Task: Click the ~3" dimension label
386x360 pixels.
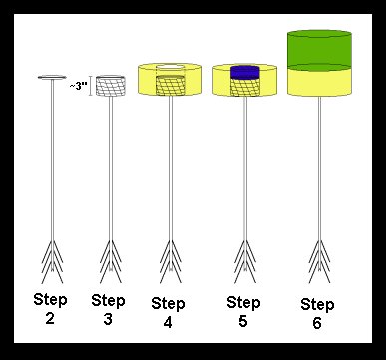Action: pos(78,86)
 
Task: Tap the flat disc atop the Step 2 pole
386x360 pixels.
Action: pos(52,77)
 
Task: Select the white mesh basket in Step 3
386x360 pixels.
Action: pos(111,86)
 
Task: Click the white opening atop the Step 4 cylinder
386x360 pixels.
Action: pos(170,67)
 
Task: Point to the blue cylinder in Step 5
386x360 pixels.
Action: pos(245,73)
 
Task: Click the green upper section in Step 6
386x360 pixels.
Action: pos(319,49)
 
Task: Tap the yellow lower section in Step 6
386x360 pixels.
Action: pos(319,82)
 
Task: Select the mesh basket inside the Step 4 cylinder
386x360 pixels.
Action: pos(171,86)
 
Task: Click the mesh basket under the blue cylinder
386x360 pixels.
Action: pos(245,88)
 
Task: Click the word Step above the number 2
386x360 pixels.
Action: pos(50,300)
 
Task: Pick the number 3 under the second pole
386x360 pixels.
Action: pos(108,319)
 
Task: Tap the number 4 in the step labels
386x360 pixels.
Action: pos(168,322)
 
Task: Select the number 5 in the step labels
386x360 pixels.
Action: pos(243,321)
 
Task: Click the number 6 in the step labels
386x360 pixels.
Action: pos(317,323)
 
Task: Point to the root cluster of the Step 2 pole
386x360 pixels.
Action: pos(52,262)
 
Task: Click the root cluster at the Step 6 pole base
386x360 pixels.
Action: pos(319,262)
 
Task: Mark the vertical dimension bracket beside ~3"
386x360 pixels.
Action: pos(91,86)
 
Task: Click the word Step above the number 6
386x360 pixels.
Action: pos(317,305)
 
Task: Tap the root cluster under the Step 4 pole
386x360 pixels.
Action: pos(171,262)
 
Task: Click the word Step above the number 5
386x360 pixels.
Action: pos(243,303)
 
